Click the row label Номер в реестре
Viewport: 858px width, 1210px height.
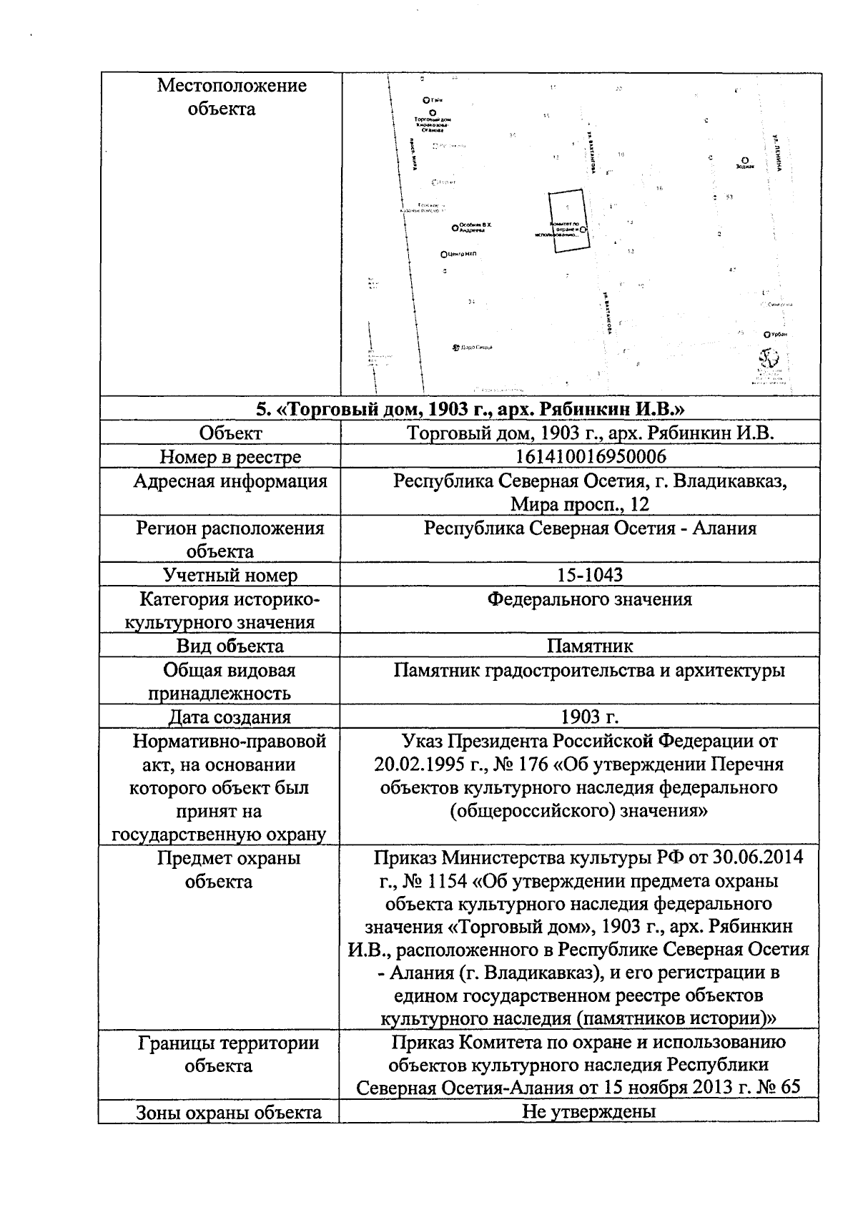(230, 456)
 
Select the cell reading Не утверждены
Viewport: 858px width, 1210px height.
(588, 1112)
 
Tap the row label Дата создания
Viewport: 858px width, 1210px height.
(230, 717)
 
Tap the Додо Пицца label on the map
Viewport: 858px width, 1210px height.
(475, 348)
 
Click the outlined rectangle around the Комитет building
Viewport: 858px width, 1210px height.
(570, 220)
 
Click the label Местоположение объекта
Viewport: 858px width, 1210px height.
(230, 97)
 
